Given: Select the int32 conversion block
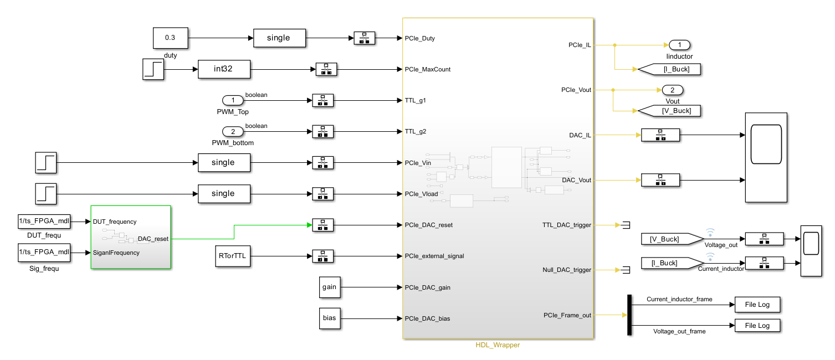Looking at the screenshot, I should (224, 70).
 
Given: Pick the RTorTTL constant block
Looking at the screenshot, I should (233, 256).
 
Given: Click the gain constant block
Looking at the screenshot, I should (329, 287).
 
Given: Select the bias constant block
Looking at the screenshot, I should (329, 318).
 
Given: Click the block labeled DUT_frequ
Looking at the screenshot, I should (44, 222).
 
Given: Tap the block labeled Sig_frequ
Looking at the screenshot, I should (44, 253).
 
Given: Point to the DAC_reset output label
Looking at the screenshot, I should (153, 239).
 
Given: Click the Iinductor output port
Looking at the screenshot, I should (679, 45).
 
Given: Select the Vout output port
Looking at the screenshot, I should (672, 90).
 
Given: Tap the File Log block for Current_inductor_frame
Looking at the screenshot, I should (757, 305).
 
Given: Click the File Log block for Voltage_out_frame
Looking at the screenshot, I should (757, 325).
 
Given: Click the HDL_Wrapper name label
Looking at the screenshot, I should (498, 345).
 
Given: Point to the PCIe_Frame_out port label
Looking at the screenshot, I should (567, 315).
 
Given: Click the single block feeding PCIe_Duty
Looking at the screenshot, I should (279, 38).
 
